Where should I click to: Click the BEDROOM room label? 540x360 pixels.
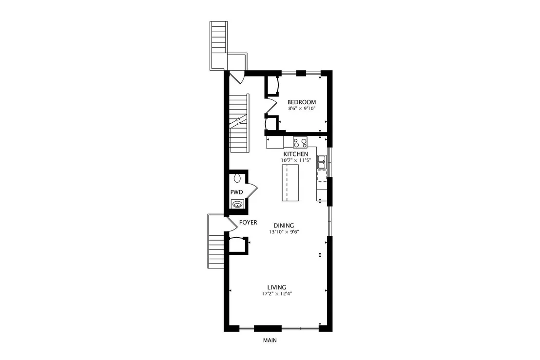coord(302,102)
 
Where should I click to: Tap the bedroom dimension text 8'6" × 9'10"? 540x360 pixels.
coord(302,109)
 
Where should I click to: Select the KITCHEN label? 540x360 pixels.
coord(296,154)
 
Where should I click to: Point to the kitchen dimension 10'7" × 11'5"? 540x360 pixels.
coord(296,160)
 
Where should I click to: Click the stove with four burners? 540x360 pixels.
coord(300,142)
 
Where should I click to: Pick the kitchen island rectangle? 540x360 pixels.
coord(290,183)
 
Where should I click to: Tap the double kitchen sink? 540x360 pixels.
coord(322,162)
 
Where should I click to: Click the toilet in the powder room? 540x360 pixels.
coord(237,178)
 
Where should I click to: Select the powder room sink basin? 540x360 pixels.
coord(237,204)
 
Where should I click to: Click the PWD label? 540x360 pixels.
coord(236,192)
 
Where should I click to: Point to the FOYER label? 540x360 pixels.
coord(248,223)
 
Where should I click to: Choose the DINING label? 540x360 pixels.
coord(284,226)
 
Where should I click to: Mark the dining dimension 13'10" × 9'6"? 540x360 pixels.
coord(284,232)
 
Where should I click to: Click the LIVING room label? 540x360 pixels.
coord(276,287)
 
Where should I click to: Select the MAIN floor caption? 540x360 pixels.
coord(270,341)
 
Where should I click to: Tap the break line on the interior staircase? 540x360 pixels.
coord(239,121)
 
